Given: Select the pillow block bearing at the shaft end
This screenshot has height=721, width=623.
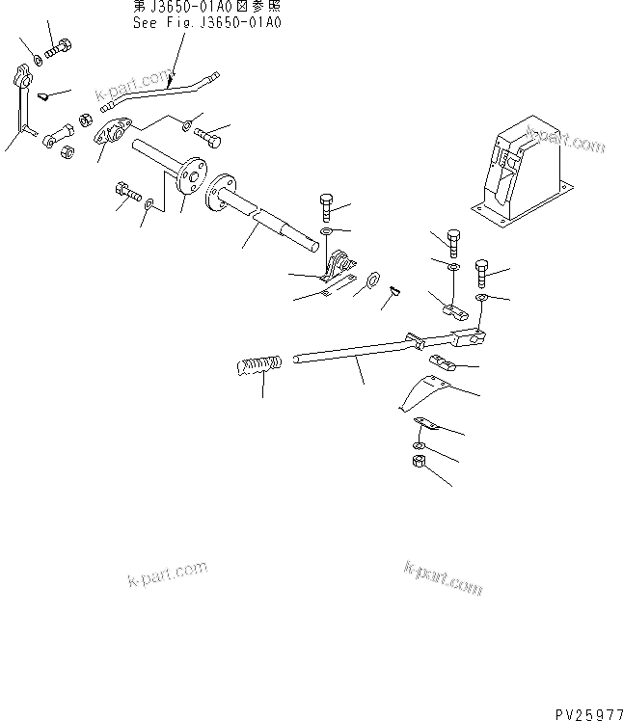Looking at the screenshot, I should [339, 266].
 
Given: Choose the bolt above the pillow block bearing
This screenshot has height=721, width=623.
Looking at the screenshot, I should [326, 206].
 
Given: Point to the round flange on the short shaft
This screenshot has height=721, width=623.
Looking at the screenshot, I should [191, 171].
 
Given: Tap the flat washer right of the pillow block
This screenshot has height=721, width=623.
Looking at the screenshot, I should [372, 282].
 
